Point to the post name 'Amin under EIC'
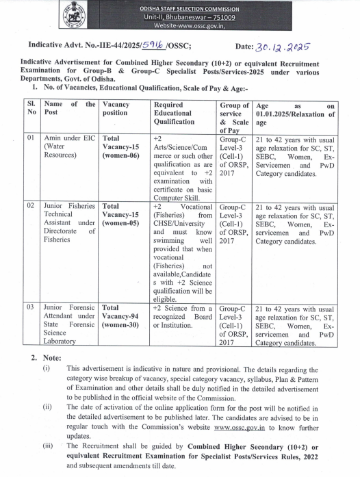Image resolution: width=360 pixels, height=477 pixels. pyautogui.click(x=68, y=138)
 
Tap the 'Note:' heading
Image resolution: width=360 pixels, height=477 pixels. pyautogui.click(x=54, y=357)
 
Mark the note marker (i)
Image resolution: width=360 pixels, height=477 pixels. pyautogui.click(x=47, y=368)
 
